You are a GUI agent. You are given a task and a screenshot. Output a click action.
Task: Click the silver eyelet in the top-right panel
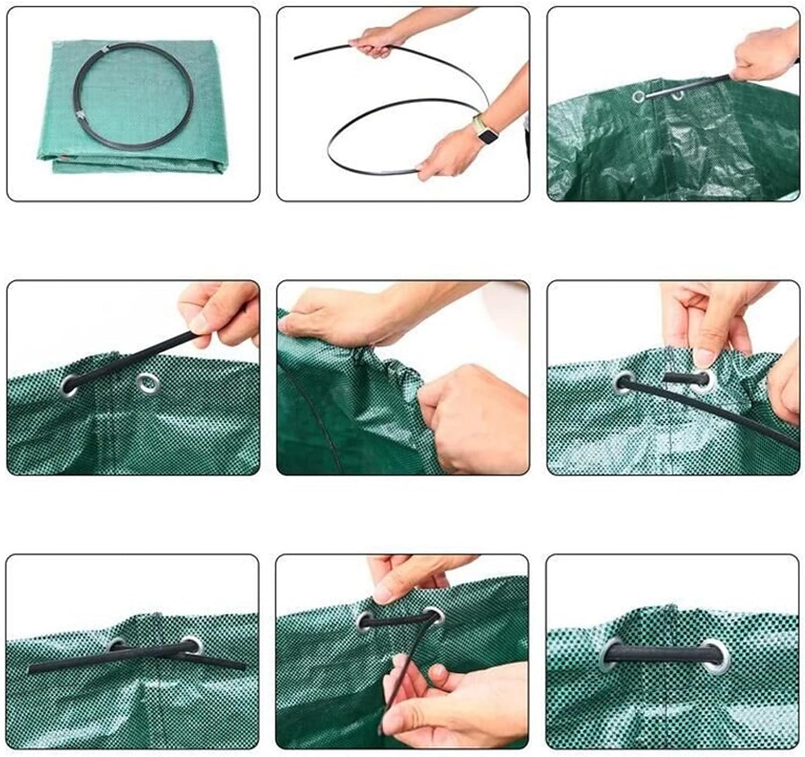[639, 97]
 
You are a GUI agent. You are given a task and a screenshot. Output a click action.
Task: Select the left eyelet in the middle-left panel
[70, 383]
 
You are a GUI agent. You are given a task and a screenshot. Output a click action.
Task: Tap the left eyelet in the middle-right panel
[625, 382]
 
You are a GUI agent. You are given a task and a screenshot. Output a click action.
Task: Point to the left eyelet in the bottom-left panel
[116, 644]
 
